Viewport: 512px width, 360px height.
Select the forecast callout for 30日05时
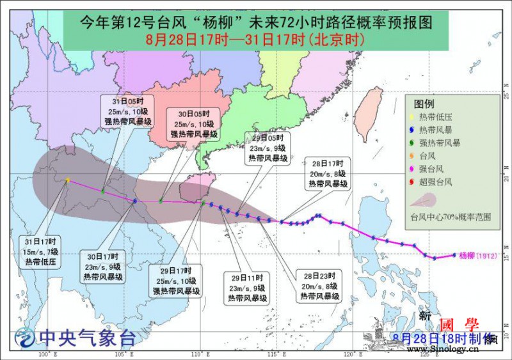pyautogui.click(x=194, y=124)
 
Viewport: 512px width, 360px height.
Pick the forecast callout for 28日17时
pyautogui.click(x=328, y=173)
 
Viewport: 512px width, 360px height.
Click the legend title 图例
pyautogui.click(x=424, y=104)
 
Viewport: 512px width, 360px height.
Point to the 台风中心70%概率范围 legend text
pyautogui.click(x=451, y=217)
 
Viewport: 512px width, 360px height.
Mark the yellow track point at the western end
pyautogui.click(x=68, y=180)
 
